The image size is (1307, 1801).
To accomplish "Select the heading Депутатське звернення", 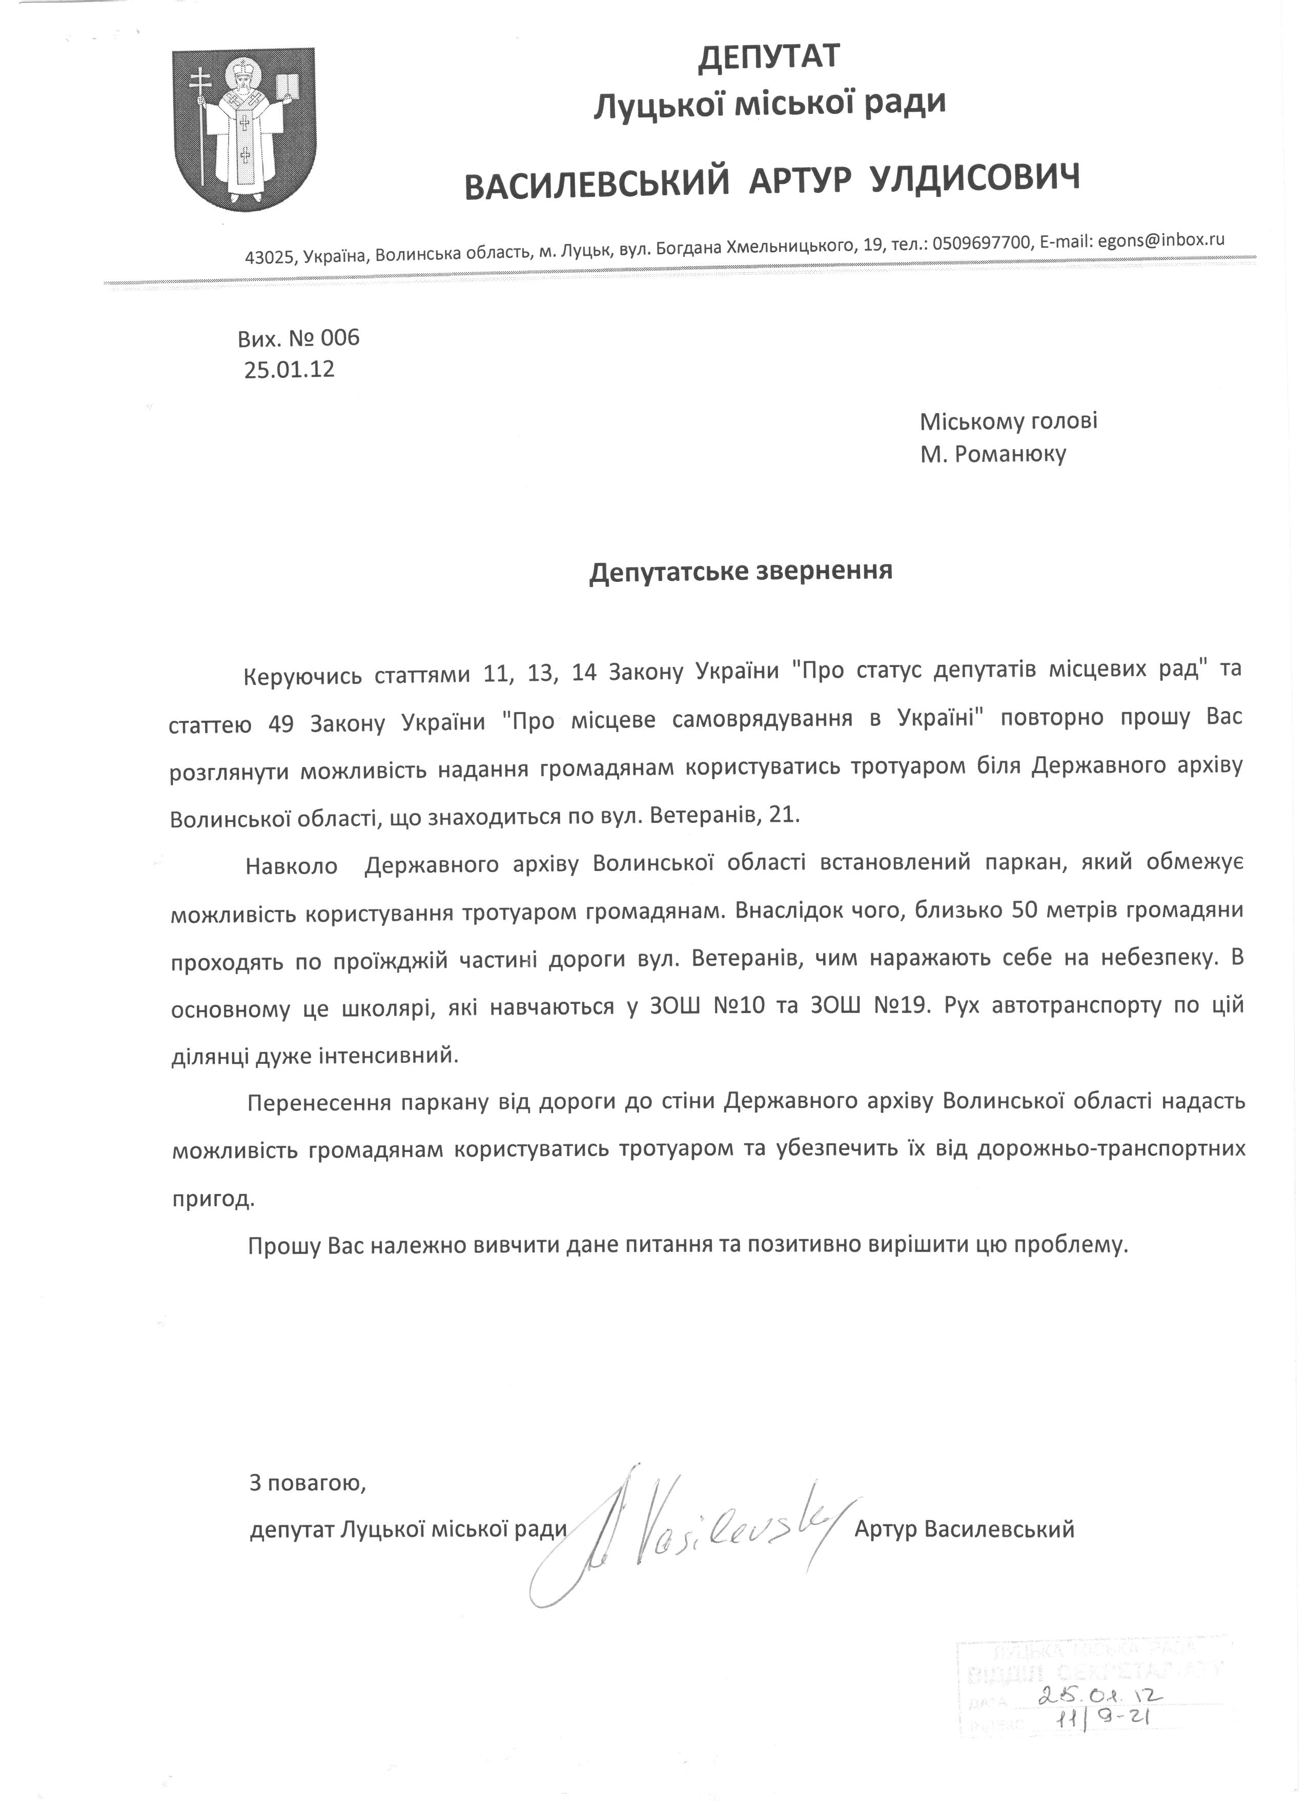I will [740, 572].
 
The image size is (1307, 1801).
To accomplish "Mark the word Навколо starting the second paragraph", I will [292, 865].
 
